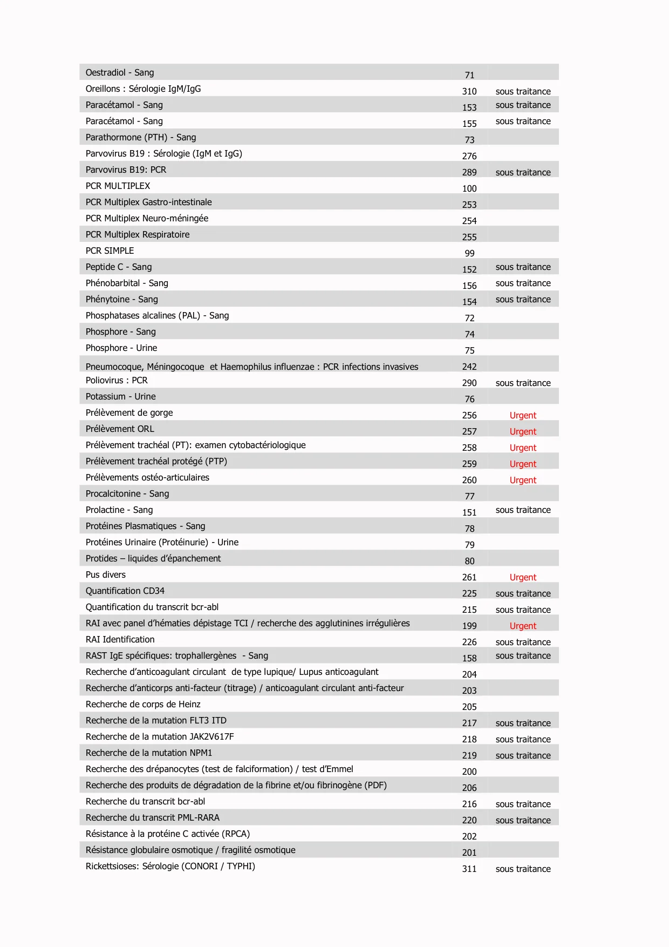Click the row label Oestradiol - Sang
[120, 72]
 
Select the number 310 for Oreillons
[469, 91]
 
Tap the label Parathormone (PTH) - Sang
[141, 137]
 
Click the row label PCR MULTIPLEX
[118, 186]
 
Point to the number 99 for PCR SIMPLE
[469, 253]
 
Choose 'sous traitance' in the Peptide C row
[523, 267]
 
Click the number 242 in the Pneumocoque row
[469, 367]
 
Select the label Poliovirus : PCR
[117, 380]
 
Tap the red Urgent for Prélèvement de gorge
[523, 415]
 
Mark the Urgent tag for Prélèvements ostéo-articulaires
[523, 480]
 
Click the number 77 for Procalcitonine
[469, 496]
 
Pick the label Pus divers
[106, 574]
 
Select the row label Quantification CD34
[125, 591]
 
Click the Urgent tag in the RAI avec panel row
[523, 626]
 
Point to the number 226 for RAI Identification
[469, 642]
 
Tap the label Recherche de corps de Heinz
[143, 704]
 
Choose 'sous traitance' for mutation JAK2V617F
[523, 739]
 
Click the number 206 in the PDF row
[469, 788]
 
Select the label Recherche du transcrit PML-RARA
[153, 817]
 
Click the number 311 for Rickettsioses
[469, 869]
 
